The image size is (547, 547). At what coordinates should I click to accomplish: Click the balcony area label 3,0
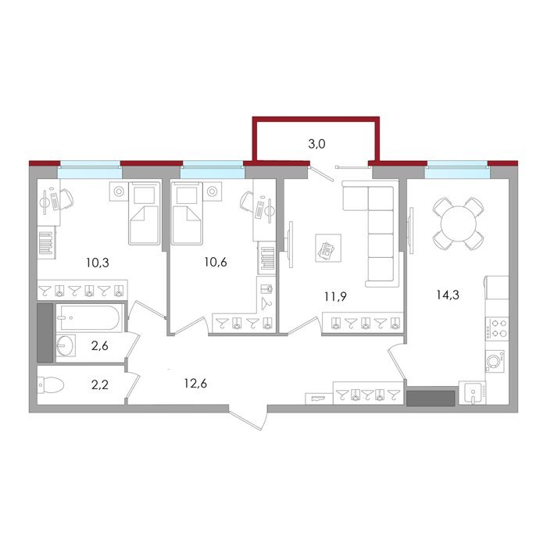point(316,144)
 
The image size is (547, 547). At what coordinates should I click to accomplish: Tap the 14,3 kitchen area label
point(448,295)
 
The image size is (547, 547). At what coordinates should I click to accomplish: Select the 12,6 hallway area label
point(195,384)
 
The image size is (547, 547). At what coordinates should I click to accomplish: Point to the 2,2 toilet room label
point(100,384)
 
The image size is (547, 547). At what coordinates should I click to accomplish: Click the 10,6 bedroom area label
point(216,262)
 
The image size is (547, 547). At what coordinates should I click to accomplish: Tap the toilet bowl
point(51,385)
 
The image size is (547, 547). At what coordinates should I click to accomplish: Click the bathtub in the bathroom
point(90,317)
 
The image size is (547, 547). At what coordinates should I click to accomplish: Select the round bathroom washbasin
point(65,345)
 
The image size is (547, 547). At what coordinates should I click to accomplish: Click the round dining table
point(459,224)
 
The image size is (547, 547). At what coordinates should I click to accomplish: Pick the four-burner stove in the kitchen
point(497,329)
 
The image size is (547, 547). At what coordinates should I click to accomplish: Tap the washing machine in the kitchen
point(495,361)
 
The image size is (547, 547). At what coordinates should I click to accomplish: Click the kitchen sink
point(472,393)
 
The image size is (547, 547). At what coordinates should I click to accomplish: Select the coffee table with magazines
point(328,248)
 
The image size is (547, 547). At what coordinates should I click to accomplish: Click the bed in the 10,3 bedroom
point(145,213)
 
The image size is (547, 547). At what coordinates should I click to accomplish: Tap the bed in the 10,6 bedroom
point(187,213)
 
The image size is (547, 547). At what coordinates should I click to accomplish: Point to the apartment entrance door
point(248,417)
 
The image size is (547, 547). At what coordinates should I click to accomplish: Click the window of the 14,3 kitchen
point(457,170)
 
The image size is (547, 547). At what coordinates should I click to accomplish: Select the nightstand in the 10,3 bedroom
point(119,191)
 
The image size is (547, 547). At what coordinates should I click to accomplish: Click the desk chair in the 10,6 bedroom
point(247,202)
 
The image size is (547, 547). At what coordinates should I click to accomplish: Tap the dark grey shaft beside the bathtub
point(45,333)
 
